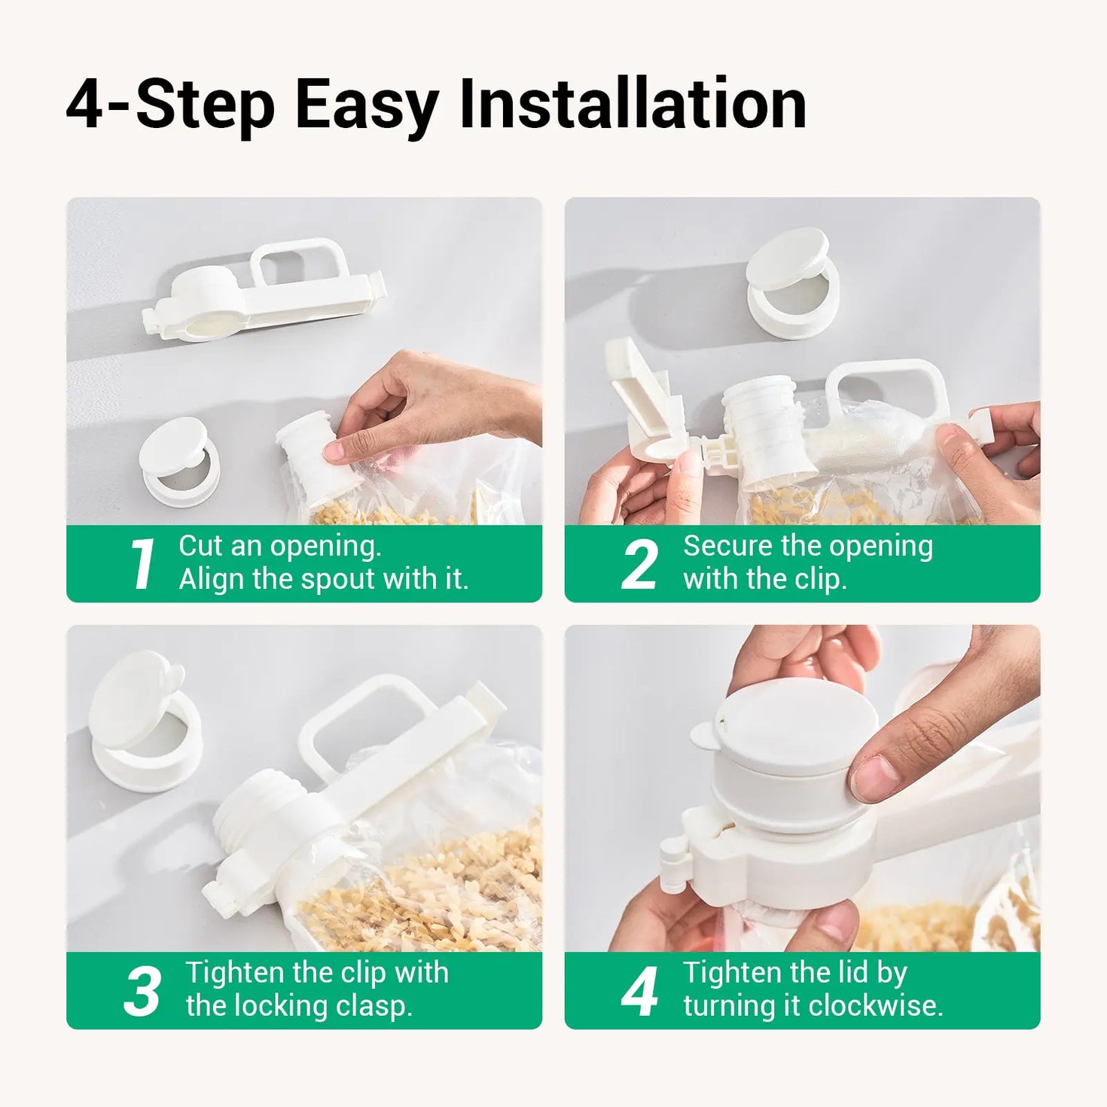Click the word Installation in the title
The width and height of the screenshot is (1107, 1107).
(x=633, y=104)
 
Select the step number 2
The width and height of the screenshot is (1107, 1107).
(x=639, y=564)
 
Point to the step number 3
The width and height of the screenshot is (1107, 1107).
(x=142, y=991)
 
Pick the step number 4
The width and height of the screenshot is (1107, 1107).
(x=639, y=991)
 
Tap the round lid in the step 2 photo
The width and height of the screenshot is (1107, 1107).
(x=792, y=282)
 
